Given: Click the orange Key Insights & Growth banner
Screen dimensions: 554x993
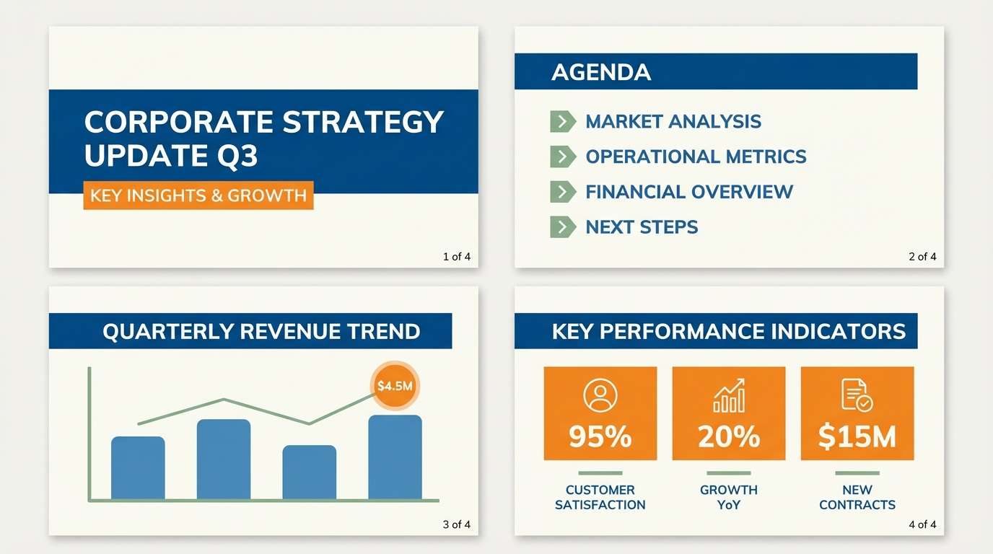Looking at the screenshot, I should click(198, 195).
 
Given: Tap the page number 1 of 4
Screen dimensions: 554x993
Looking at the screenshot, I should click(456, 256).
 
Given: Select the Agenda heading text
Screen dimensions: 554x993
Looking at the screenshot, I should click(600, 72).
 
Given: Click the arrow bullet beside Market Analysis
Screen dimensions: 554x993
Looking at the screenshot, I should click(562, 121).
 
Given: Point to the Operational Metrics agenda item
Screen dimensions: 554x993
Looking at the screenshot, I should click(696, 157).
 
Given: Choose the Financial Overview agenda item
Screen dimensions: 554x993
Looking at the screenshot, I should click(688, 192).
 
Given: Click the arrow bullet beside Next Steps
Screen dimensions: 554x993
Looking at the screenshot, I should click(562, 227).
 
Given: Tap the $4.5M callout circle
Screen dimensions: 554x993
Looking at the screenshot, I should click(395, 385).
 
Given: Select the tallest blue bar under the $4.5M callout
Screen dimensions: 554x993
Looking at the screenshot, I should click(395, 457).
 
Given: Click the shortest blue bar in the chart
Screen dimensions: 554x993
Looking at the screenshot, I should click(309, 472).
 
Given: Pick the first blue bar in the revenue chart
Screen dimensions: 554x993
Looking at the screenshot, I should click(138, 468).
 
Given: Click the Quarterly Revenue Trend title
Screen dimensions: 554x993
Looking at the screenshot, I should click(261, 331).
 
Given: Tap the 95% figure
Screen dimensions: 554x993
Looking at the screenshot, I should click(600, 436).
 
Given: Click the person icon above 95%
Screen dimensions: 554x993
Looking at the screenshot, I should click(600, 395).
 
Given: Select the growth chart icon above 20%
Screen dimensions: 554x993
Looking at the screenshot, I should click(728, 395).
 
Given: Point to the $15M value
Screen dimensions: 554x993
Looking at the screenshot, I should click(857, 436).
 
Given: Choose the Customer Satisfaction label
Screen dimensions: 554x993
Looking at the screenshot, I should click(600, 497).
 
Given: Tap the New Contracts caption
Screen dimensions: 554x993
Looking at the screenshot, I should click(857, 497).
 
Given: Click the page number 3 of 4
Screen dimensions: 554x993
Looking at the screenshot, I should click(456, 524).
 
